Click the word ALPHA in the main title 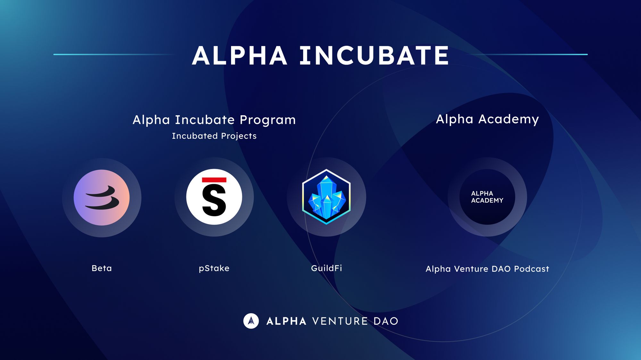tap(239, 56)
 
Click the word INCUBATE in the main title tap(374, 56)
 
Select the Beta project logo tap(102, 197)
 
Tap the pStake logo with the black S tap(214, 197)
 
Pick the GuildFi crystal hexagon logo tap(326, 197)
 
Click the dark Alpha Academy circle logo tap(487, 197)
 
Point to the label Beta tap(102, 268)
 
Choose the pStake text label tap(214, 268)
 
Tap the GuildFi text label tap(327, 268)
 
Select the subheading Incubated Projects tap(214, 136)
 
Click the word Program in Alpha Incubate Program tap(268, 120)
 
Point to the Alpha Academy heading tap(487, 119)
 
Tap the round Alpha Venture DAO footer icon tap(251, 321)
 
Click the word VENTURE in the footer tap(340, 321)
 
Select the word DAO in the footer tap(386, 321)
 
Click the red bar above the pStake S tap(214, 180)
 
